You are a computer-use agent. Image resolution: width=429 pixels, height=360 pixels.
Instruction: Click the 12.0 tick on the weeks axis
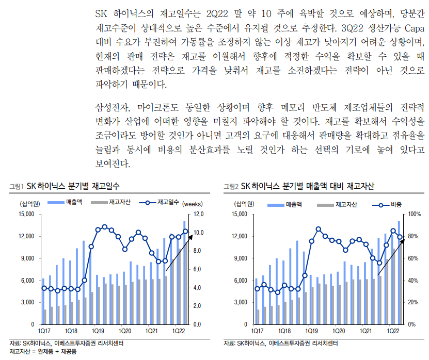click(x=198, y=214)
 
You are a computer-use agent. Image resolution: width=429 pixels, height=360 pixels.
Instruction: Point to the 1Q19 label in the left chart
click(x=98, y=331)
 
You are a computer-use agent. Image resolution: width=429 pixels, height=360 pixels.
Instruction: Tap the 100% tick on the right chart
click(x=415, y=214)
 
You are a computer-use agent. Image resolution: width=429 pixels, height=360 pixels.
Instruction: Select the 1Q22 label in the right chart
click(x=393, y=331)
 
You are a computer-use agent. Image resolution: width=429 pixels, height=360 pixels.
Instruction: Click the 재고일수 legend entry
click(x=159, y=202)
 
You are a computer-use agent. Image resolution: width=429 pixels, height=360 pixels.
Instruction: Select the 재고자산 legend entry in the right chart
click(x=337, y=205)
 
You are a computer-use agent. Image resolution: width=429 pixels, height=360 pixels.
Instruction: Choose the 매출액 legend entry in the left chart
click(x=65, y=202)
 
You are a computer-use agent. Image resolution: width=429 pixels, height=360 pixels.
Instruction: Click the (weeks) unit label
click(x=193, y=204)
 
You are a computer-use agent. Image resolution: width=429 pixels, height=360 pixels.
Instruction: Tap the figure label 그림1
click(x=17, y=186)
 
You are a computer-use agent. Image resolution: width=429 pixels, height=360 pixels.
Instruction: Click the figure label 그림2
click(x=231, y=186)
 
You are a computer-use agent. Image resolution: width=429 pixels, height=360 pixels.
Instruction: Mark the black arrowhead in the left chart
click(x=190, y=237)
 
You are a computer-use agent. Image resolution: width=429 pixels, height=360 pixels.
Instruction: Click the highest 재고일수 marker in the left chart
click(x=104, y=227)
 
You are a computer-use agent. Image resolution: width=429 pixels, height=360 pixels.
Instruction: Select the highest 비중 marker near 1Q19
click(x=318, y=230)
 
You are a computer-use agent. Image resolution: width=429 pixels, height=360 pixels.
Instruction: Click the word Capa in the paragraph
click(x=414, y=28)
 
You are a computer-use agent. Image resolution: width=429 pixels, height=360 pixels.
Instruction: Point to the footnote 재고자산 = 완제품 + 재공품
click(x=43, y=352)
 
